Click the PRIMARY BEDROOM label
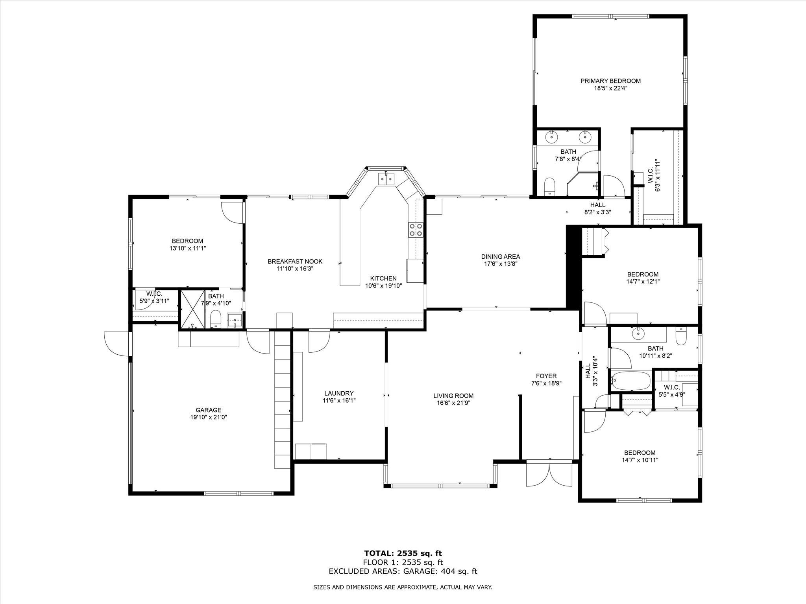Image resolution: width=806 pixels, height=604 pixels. pyautogui.click(x=610, y=81)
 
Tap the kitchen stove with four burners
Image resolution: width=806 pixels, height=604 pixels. pyautogui.click(x=416, y=230)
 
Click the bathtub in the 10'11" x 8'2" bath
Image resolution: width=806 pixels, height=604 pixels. pyautogui.click(x=630, y=381)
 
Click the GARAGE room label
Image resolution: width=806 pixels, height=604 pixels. pyautogui.click(x=209, y=410)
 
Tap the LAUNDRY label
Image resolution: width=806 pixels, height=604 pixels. pyautogui.click(x=339, y=393)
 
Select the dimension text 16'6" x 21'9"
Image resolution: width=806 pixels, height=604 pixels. pyautogui.click(x=453, y=403)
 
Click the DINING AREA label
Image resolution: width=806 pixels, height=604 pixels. pyautogui.click(x=501, y=257)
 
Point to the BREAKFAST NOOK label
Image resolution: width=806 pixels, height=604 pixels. pyautogui.click(x=295, y=261)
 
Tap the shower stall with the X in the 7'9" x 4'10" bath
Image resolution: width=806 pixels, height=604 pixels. pyautogui.click(x=193, y=309)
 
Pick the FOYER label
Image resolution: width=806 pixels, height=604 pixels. pyautogui.click(x=546, y=376)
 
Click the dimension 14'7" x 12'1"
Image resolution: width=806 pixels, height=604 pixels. pyautogui.click(x=643, y=282)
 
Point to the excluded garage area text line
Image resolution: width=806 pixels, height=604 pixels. pyautogui.click(x=403, y=571)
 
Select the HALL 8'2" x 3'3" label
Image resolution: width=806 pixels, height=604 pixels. pyautogui.click(x=598, y=208)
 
